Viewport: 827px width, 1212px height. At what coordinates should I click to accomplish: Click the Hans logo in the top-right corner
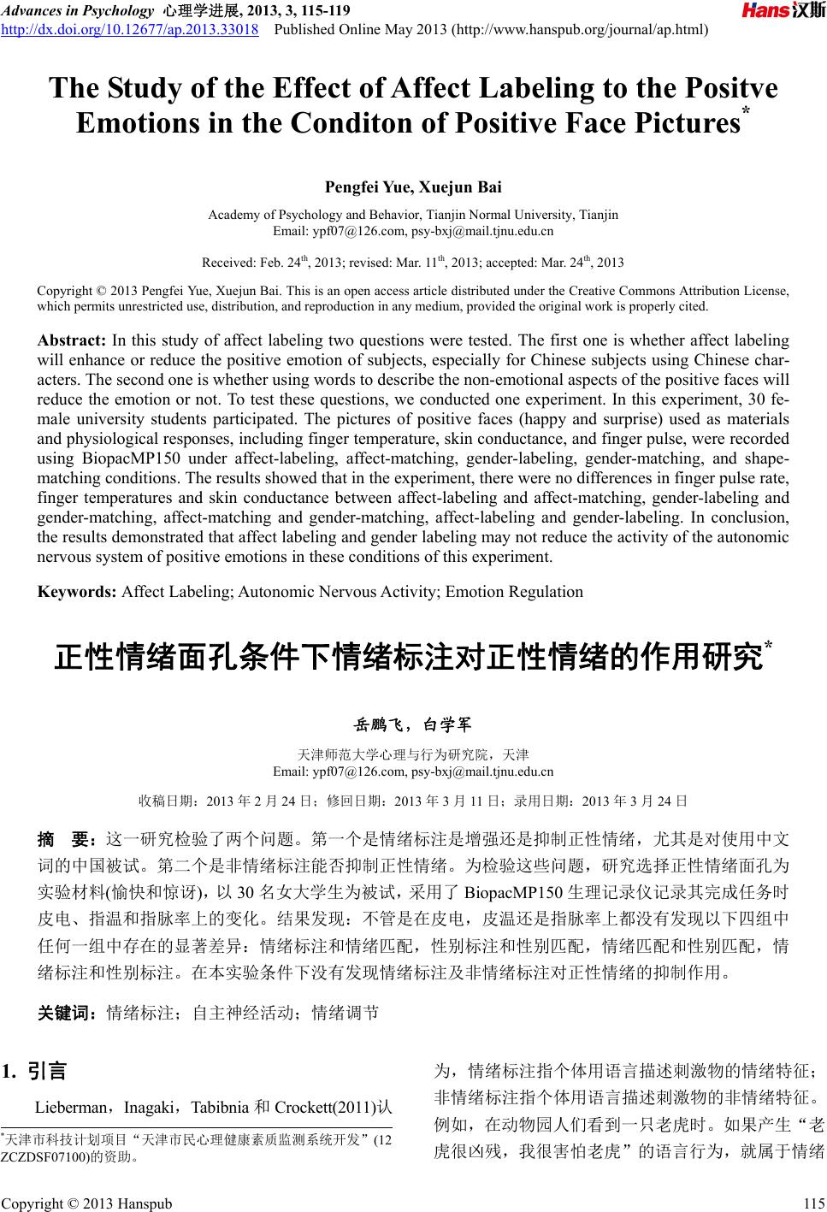click(x=782, y=11)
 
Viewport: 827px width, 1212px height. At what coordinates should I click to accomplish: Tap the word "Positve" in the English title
click(x=726, y=89)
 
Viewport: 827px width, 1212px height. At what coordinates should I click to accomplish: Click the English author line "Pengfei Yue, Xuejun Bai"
click(x=413, y=186)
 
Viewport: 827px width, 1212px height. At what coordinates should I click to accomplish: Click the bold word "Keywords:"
click(x=77, y=591)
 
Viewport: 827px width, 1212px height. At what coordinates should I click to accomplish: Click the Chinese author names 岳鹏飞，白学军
click(x=413, y=725)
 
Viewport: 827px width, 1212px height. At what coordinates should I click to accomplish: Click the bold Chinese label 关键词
click(x=66, y=1014)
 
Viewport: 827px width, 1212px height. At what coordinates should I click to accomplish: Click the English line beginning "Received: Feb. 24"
click(x=412, y=262)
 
